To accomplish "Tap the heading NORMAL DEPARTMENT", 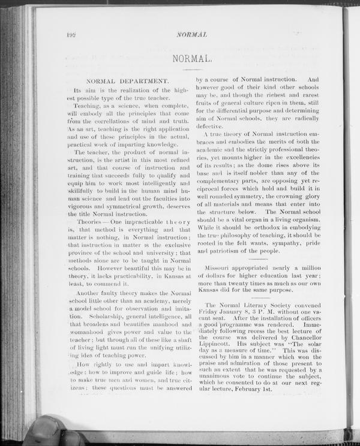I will click(127, 80).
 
